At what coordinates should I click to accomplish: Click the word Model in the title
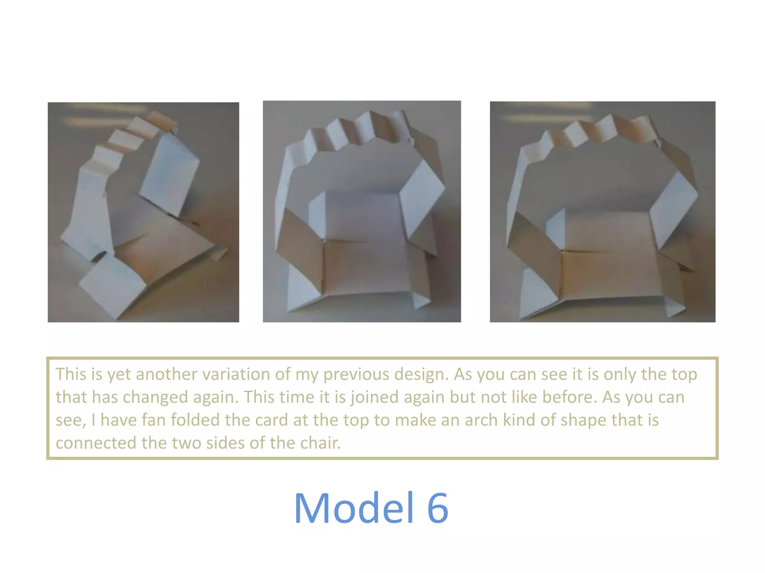pos(353,508)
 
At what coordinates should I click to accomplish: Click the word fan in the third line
pos(154,420)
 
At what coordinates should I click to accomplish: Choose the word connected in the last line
pos(96,443)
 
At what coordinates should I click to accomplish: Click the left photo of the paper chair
pos(143,212)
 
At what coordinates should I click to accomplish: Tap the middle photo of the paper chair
pos(362,211)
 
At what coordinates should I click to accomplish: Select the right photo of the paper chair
pos(602,212)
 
